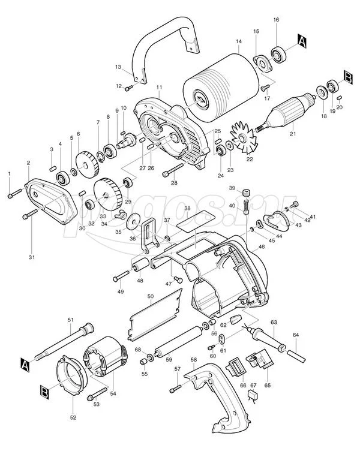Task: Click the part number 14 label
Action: coord(238,41)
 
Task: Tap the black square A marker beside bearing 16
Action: coord(302,41)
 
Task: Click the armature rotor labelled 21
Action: coord(288,111)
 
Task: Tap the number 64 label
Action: coord(296,335)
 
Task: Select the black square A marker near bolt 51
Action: coord(25,364)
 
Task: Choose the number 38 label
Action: coord(187,209)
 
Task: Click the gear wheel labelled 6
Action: coord(86,163)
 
